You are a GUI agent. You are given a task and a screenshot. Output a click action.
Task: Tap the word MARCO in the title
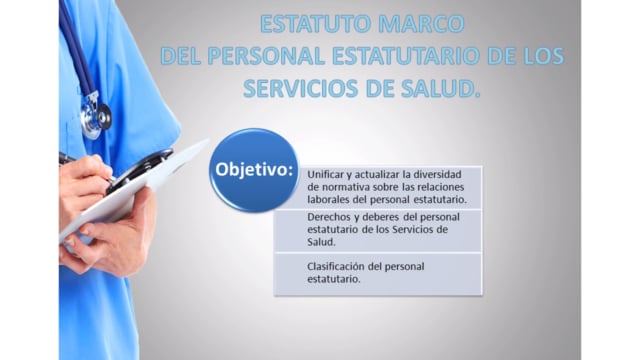[421, 24]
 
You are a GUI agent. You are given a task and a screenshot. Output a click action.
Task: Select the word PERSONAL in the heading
[266, 56]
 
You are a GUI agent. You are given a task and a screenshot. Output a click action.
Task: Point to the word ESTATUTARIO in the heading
[406, 56]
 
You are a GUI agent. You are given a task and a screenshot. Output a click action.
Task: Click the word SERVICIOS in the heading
[301, 89]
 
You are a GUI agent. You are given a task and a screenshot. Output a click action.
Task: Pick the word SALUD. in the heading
[440, 89]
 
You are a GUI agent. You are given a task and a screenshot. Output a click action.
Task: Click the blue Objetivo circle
[254, 170]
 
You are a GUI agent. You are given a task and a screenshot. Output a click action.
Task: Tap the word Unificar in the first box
[325, 174]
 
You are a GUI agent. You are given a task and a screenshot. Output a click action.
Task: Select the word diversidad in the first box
[437, 174]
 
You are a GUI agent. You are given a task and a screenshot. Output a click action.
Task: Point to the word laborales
[328, 200]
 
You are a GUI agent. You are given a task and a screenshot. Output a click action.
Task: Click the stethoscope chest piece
[96, 118]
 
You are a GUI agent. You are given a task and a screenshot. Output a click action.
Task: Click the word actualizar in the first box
[377, 174]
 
